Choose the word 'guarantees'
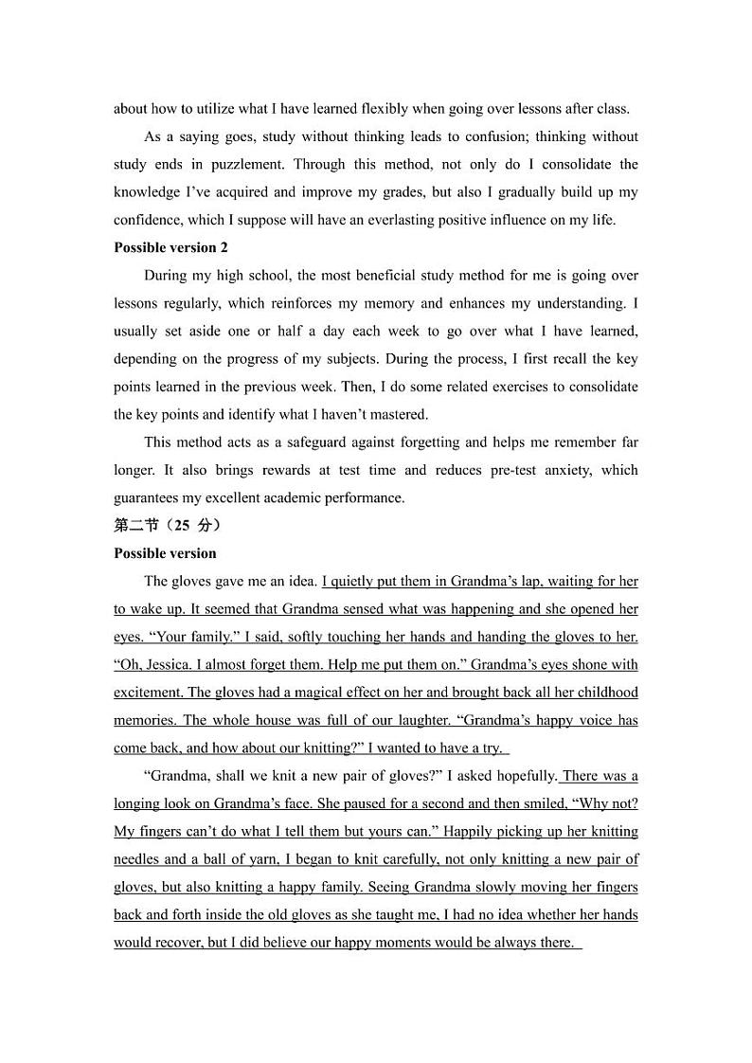point(146,497)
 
